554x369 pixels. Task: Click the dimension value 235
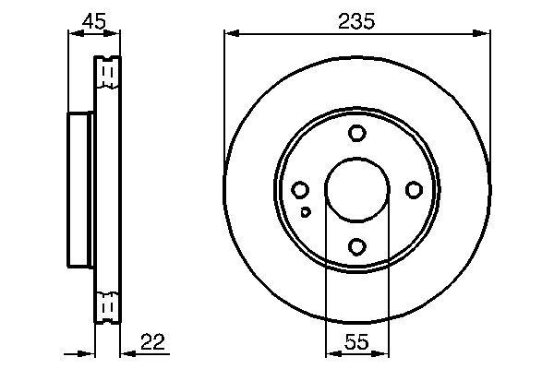coord(356,21)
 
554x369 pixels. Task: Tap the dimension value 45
coord(92,20)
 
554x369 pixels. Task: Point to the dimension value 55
coord(356,342)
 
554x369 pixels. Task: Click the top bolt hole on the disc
coord(357,134)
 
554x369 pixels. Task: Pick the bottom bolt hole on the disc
coord(357,246)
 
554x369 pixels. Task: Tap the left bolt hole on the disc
coord(300,190)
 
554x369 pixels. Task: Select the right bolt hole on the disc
coord(414,190)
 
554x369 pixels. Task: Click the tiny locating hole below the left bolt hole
coord(307,212)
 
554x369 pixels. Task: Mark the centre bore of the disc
coord(357,190)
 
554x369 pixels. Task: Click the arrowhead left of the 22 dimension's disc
coord(90,353)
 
